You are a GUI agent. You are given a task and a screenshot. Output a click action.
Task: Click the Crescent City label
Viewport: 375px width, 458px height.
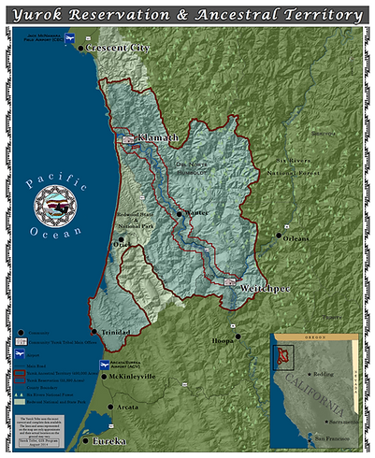[118, 48]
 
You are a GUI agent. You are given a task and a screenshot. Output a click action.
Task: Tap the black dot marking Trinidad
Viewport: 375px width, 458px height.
[93, 331]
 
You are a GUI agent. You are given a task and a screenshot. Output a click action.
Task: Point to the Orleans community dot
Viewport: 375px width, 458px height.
[278, 237]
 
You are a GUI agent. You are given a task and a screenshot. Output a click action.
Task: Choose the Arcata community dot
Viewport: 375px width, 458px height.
[114, 408]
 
